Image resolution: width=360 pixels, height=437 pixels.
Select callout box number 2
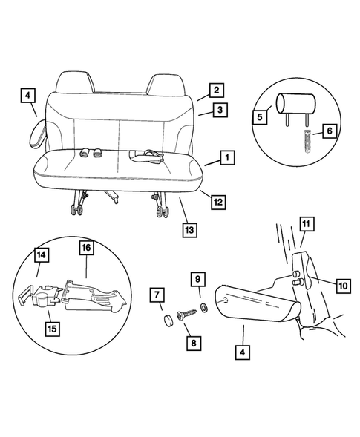(x=215, y=91)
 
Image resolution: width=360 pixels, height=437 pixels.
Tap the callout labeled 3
(x=220, y=111)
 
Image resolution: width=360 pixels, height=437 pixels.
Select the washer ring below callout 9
(x=202, y=306)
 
